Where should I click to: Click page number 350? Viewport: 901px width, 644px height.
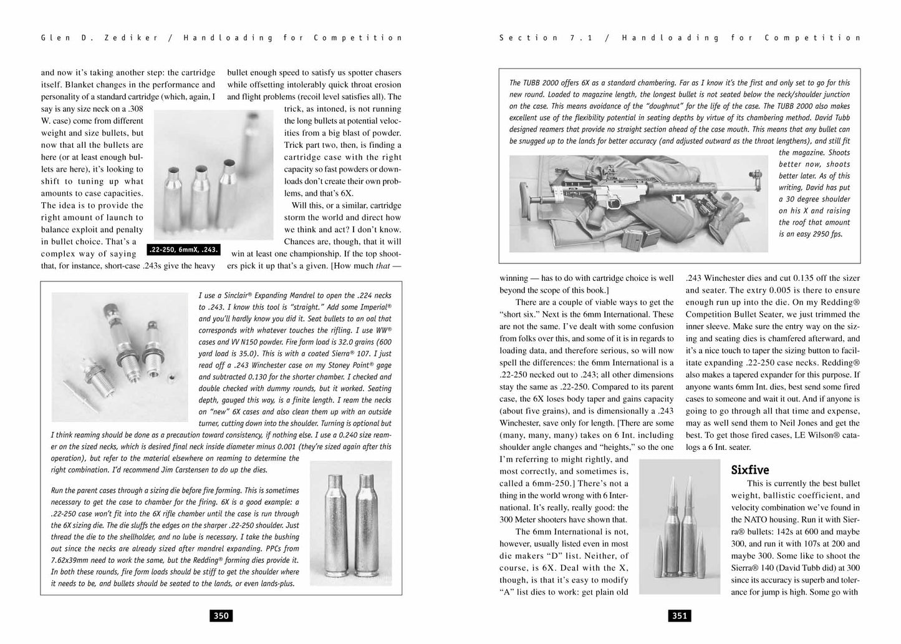[x=221, y=616]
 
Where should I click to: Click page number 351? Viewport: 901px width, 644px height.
[x=680, y=616]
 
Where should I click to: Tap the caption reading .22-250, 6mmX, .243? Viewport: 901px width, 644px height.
[x=183, y=250]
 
